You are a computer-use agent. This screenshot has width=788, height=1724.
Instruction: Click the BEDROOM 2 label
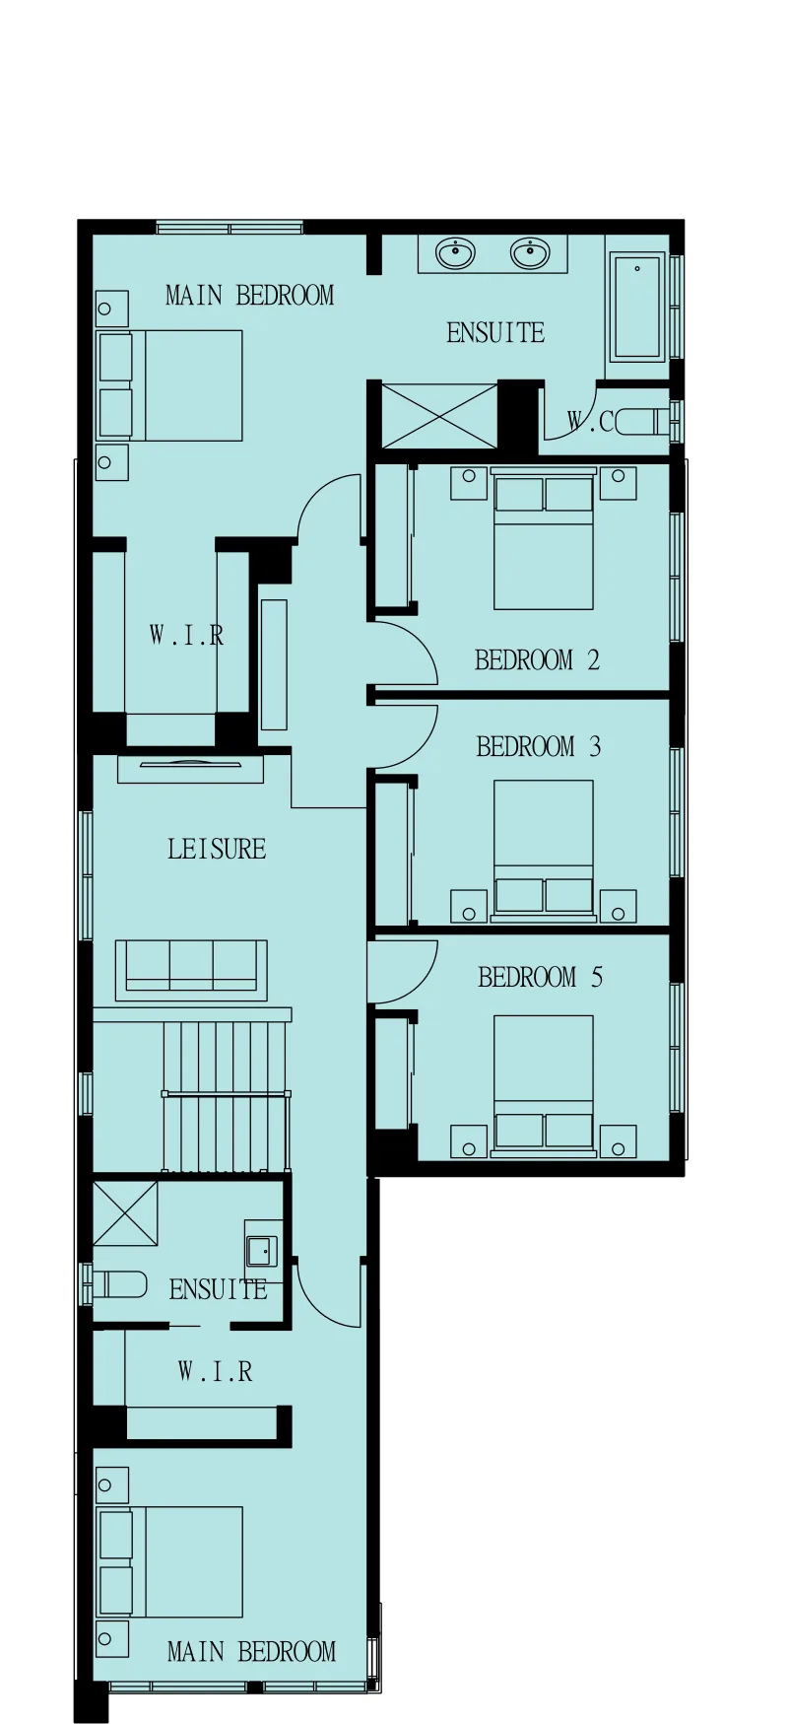[x=537, y=659]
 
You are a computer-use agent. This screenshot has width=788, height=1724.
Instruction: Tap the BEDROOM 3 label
[x=538, y=746]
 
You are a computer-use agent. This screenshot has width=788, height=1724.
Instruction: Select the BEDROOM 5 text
[x=540, y=977]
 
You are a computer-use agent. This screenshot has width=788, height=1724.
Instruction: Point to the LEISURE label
[x=217, y=849]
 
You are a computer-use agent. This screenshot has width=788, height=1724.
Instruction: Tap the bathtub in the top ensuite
[x=637, y=306]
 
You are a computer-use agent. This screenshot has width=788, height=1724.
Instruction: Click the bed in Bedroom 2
[x=544, y=538]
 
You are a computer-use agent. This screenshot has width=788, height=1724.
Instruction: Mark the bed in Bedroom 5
[x=544, y=1085]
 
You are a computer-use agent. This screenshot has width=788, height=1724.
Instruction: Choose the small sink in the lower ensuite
[x=262, y=1251]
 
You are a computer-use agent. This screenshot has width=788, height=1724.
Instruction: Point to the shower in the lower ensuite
[x=125, y=1214]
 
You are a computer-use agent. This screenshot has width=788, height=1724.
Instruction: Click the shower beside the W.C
[x=439, y=416]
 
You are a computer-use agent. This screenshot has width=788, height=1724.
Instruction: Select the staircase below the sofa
[x=226, y=1095]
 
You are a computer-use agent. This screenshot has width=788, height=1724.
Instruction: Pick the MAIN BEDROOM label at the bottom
[x=251, y=1651]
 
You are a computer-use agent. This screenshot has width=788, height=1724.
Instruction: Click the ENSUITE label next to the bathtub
[x=495, y=333]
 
